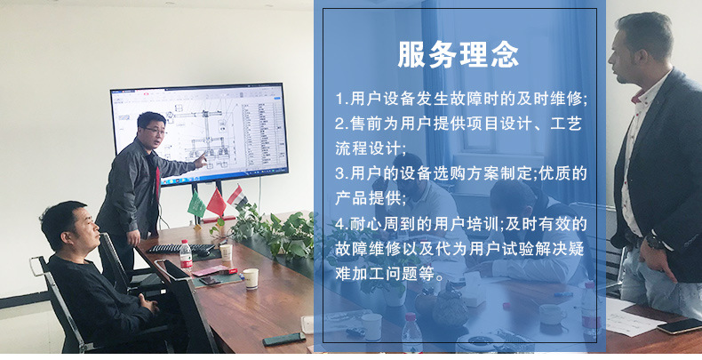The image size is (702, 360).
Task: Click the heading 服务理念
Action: [459, 55]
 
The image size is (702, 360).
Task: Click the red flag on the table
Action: [216, 204]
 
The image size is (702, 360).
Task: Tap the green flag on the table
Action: [196, 205]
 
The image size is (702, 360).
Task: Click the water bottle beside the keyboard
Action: [186, 255]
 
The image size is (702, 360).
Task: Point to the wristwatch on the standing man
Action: [654, 241]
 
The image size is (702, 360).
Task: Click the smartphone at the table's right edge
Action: [678, 325]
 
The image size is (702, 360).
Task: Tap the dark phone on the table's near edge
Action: [283, 339]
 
